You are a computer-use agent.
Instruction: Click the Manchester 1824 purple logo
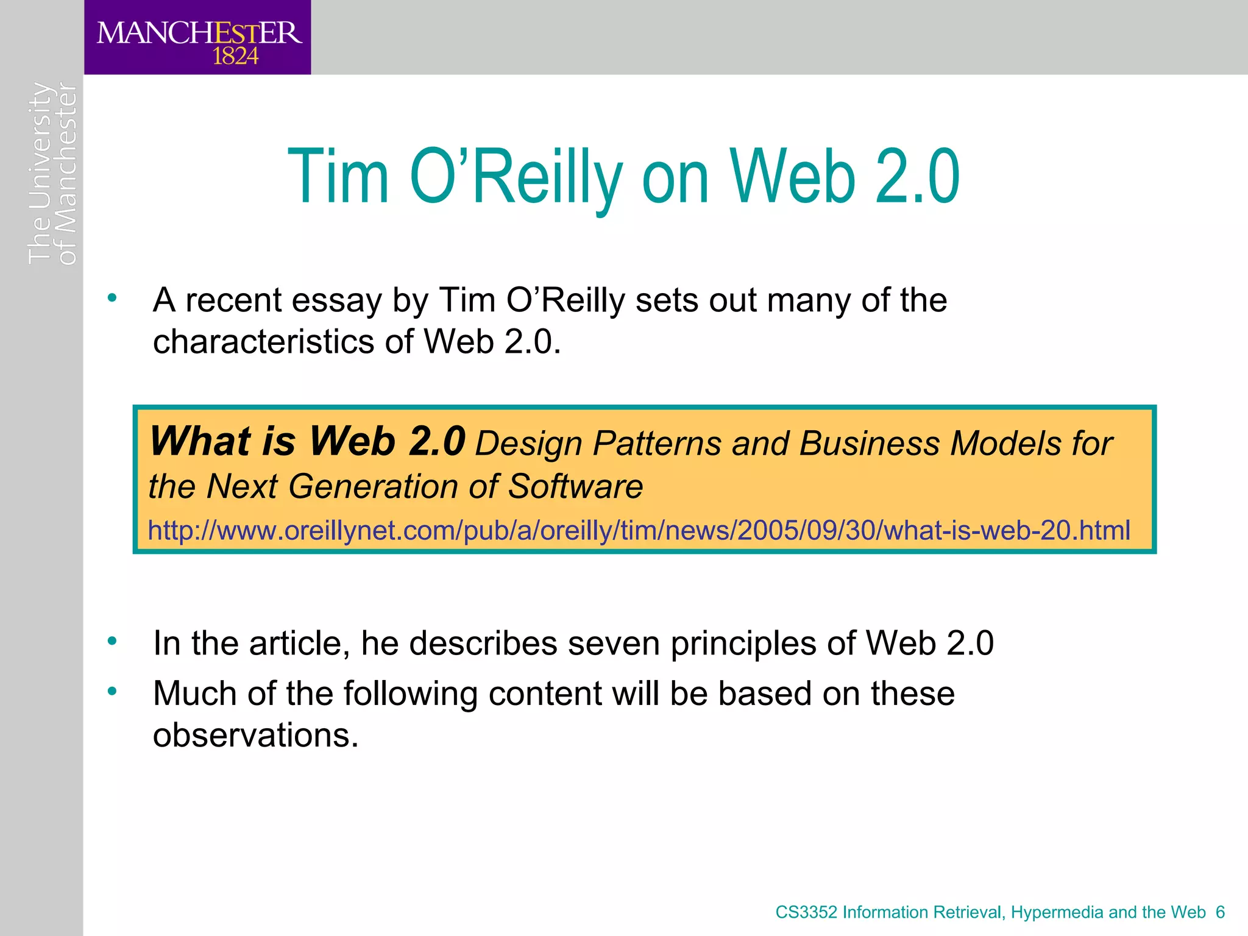point(197,38)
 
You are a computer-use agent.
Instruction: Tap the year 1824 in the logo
point(235,57)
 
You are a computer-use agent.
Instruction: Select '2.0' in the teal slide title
point(917,178)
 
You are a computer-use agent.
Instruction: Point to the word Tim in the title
point(338,178)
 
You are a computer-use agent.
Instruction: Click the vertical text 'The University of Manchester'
point(52,174)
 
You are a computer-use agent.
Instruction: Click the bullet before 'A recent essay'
point(112,299)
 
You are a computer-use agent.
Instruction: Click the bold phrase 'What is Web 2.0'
point(308,441)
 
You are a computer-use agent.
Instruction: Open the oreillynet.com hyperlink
point(639,530)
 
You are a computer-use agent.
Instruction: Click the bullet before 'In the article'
point(112,641)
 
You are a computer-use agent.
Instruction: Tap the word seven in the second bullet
point(613,644)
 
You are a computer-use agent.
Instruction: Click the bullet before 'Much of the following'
point(112,691)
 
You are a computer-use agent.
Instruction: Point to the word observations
point(255,736)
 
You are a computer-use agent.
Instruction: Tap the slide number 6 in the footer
point(1220,912)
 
